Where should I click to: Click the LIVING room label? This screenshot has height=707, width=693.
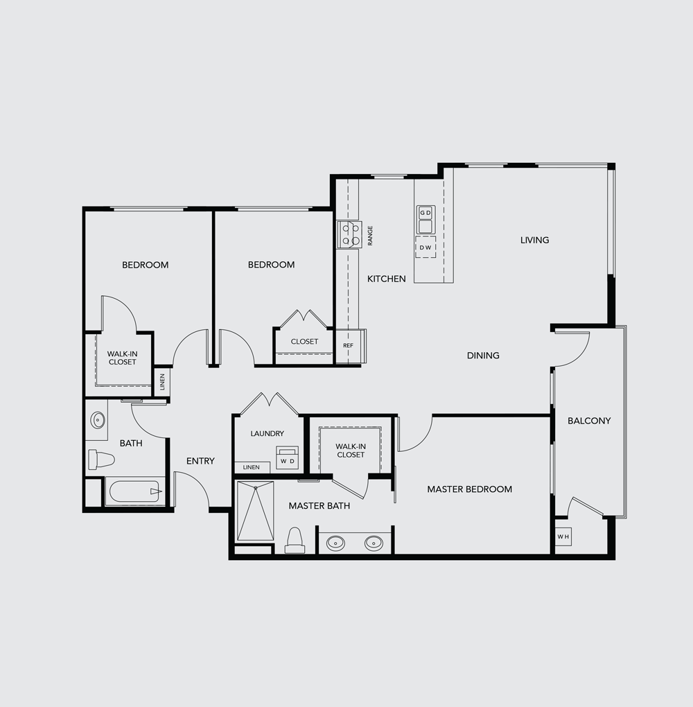click(535, 240)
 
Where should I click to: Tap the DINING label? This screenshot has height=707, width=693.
click(483, 356)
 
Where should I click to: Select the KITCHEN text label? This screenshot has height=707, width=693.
click(387, 279)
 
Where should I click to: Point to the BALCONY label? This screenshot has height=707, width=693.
click(589, 421)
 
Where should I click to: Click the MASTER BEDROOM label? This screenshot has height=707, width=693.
click(469, 489)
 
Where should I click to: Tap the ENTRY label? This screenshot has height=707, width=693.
click(200, 461)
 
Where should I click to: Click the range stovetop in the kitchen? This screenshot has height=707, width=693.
click(349, 234)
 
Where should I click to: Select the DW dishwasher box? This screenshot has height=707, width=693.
click(426, 247)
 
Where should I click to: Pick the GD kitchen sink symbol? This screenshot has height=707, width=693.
click(426, 220)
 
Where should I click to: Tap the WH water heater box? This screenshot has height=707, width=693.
click(563, 536)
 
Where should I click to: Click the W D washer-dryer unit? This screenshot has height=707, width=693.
click(287, 457)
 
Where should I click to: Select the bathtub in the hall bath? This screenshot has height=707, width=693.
click(134, 491)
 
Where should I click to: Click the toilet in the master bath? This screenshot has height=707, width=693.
click(295, 540)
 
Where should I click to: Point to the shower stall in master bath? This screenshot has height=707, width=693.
click(255, 511)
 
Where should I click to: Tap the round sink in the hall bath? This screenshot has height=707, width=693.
click(98, 420)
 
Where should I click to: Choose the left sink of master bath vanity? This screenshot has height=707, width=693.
click(335, 543)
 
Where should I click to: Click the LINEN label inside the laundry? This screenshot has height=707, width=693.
click(251, 467)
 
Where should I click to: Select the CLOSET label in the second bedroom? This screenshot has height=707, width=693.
click(304, 341)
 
